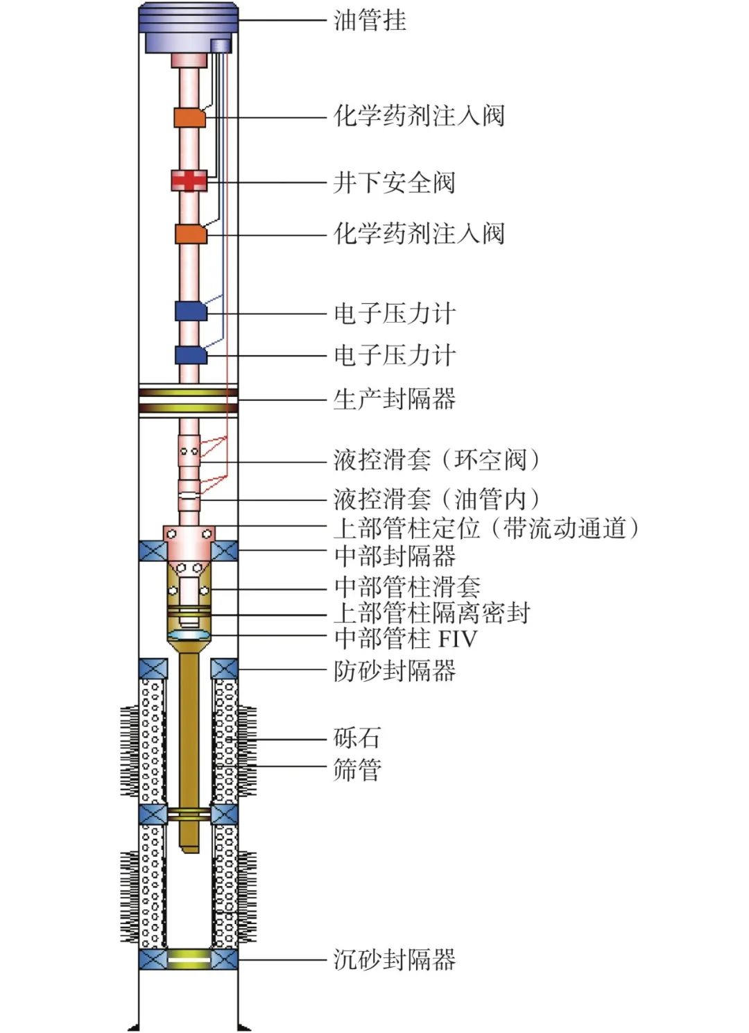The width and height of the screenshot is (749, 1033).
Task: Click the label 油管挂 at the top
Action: pos(370,20)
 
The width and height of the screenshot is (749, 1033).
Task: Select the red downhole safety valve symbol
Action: pos(189,181)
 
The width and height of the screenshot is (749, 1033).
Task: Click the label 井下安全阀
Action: pos(394,183)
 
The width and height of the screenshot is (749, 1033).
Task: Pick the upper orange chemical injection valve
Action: pos(189,117)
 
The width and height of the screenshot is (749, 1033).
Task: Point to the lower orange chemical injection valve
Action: pos(191,234)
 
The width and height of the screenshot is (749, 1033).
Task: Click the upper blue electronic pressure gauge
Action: pos(191,311)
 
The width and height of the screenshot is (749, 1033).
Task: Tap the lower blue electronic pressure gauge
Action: pos(191,355)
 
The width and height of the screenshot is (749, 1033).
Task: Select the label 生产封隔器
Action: pos(394,400)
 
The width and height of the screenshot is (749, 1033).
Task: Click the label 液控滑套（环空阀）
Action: pos(436,460)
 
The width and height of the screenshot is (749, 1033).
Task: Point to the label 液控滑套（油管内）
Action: pos(436,499)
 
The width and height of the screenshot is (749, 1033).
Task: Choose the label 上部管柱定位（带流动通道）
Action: pos(485,529)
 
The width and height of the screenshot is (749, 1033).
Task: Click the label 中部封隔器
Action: pos(394,556)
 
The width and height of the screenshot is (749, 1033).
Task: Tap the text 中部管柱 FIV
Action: pos(406,638)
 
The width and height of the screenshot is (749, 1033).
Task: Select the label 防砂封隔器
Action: pos(394,671)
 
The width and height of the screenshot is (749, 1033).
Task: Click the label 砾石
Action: pos(357,738)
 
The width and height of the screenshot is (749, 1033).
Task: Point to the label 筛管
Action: pos(357,769)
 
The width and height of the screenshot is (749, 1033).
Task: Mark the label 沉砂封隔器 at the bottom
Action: pos(394,960)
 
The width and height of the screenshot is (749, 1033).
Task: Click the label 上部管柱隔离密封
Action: pos(431,613)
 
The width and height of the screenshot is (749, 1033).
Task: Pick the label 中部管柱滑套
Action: pos(407,588)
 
